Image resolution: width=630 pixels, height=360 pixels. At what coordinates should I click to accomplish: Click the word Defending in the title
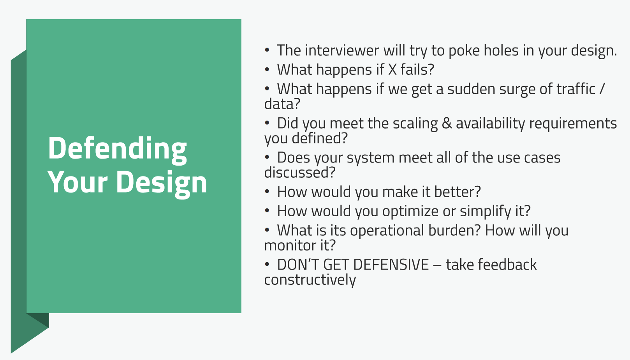[x=117, y=149]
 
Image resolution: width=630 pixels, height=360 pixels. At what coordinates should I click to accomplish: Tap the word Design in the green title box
[x=162, y=183]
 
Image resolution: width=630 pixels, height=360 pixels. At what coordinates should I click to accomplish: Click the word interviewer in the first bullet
[x=342, y=50]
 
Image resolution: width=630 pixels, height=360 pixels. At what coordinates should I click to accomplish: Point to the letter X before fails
[x=392, y=70]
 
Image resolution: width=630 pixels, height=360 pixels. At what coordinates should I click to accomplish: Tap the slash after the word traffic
[x=602, y=89]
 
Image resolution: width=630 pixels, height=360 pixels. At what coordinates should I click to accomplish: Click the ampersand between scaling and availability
[x=447, y=124]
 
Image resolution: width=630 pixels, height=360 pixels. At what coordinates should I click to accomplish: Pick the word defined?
[x=320, y=138]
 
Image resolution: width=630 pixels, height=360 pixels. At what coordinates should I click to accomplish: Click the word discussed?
[x=300, y=173]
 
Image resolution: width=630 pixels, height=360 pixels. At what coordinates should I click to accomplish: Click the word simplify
[x=486, y=212]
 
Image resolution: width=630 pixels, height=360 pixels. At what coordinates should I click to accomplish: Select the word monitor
[x=290, y=245]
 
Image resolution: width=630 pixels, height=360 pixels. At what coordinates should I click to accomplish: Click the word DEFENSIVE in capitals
[x=391, y=265]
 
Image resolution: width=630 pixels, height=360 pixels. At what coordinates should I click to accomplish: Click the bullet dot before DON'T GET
[x=267, y=265]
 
